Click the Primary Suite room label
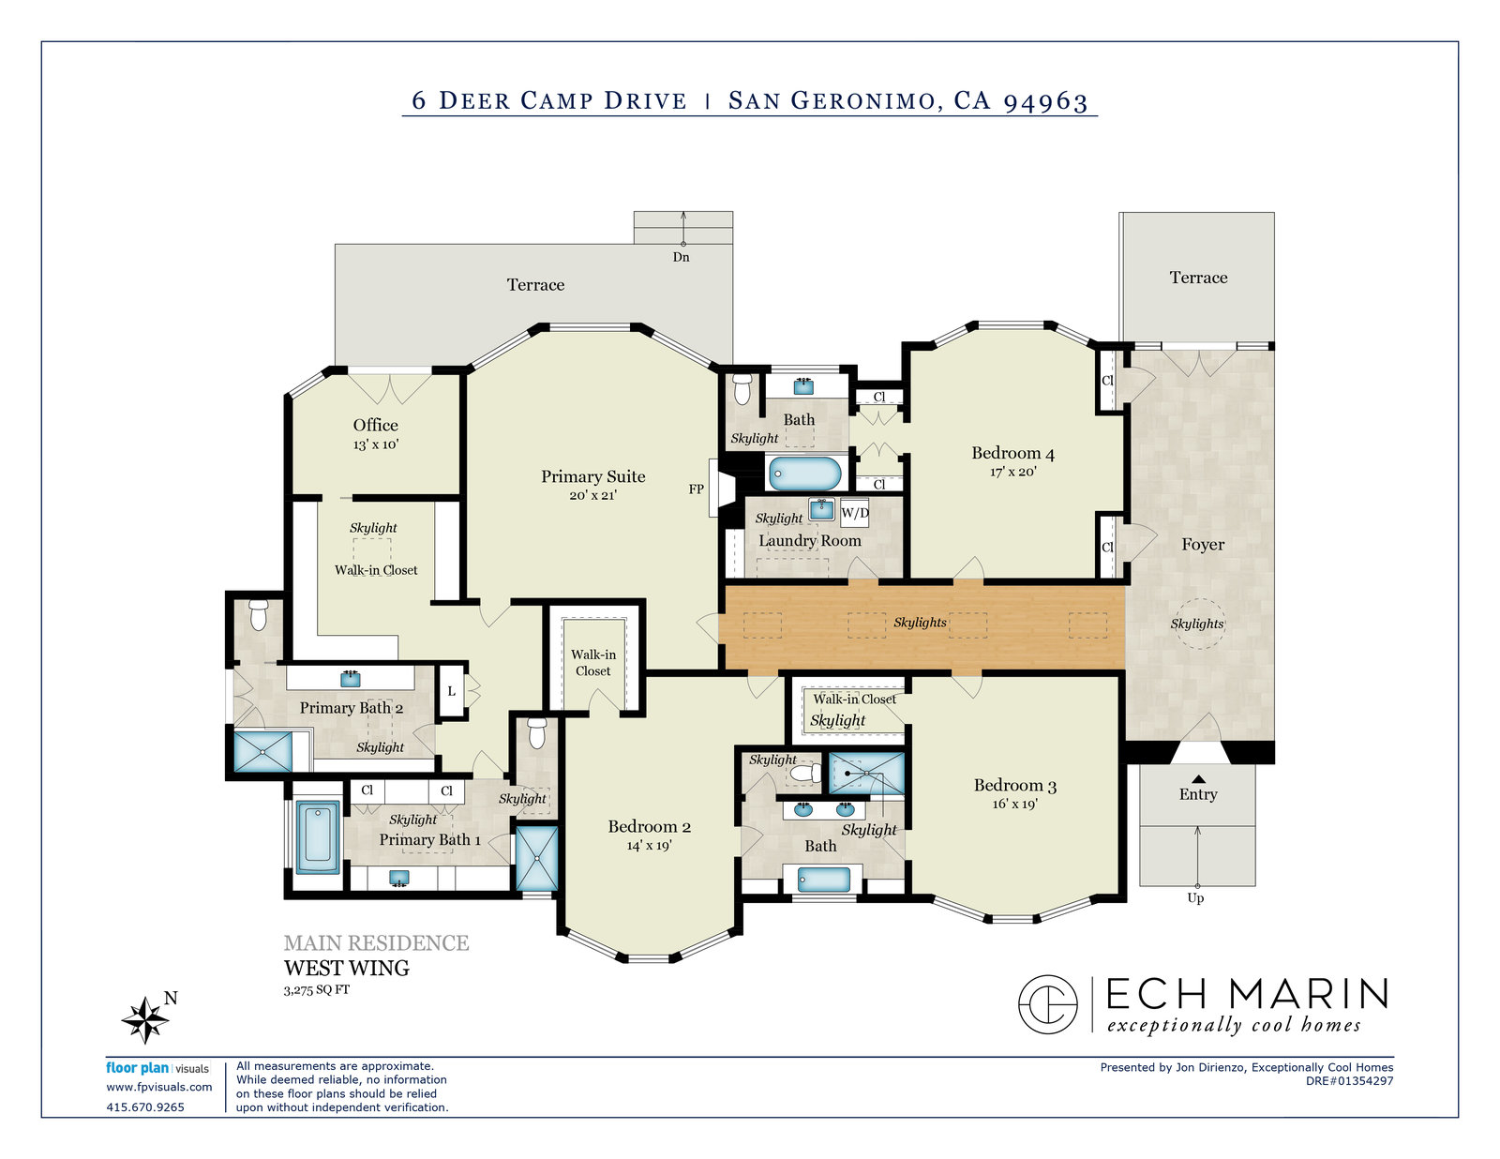pos(592,476)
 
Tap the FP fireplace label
pos(696,489)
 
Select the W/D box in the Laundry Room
pos(854,513)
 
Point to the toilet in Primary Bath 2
pos(258,614)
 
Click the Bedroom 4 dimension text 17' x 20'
pos(1012,473)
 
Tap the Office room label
pos(376,425)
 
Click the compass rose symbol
pos(145,1019)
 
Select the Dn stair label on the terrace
pos(682,257)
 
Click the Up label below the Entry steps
pos(1195,898)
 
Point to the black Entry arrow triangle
pos(1198,778)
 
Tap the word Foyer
pos(1203,545)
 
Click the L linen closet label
pos(452,691)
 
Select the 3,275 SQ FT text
pos(317,990)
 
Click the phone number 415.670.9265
pos(145,1107)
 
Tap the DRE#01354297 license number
pos(1349,1081)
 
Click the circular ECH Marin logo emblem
pos(1048,1004)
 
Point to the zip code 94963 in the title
pos(1046,100)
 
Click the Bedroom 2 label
pos(649,826)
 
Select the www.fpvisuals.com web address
pos(158,1087)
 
